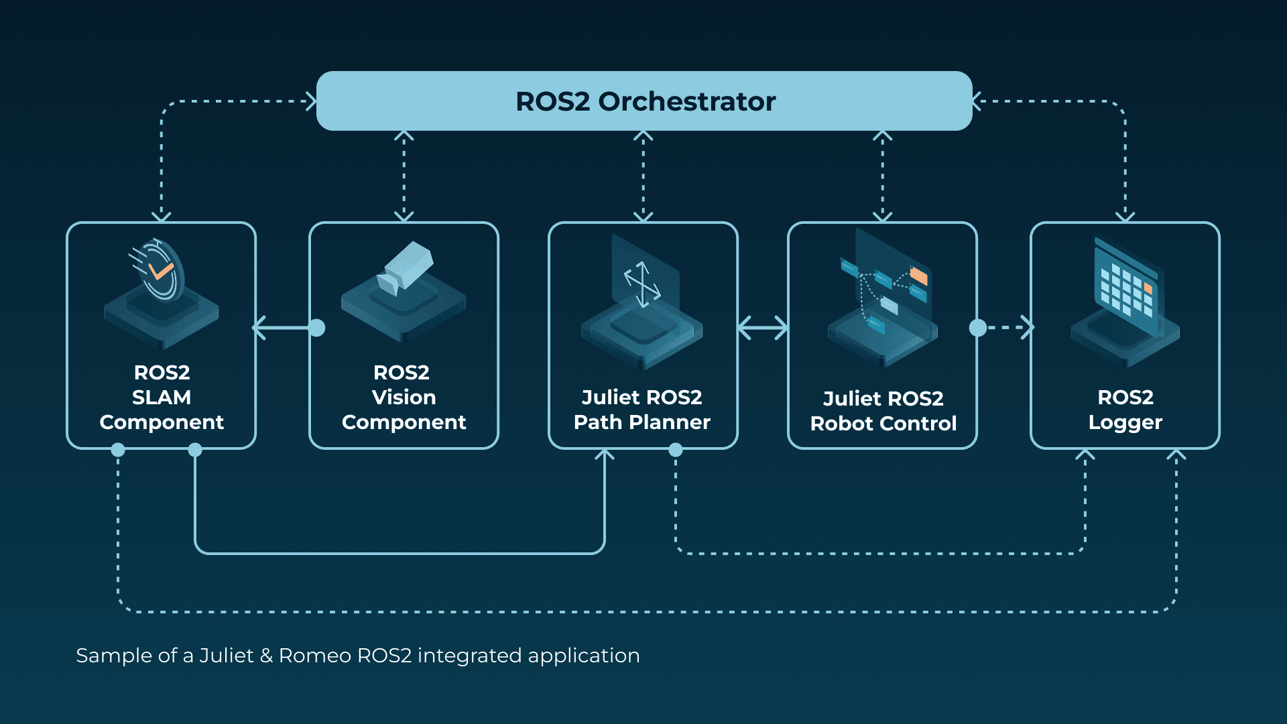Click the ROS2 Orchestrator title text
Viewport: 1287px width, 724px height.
pyautogui.click(x=645, y=101)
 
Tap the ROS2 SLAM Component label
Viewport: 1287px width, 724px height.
pyautogui.click(x=162, y=397)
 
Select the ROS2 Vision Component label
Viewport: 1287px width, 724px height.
pyautogui.click(x=404, y=397)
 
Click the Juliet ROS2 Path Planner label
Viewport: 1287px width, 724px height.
pyautogui.click(x=642, y=409)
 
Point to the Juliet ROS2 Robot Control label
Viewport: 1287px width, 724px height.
pyautogui.click(x=883, y=410)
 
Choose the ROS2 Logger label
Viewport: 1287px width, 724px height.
pyautogui.click(x=1125, y=409)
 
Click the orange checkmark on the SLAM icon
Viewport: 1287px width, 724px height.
pyautogui.click(x=161, y=271)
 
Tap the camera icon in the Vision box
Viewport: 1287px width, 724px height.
pyautogui.click(x=406, y=268)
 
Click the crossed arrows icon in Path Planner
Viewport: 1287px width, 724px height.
pyautogui.click(x=642, y=284)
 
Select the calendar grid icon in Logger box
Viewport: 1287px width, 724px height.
pyautogui.click(x=1126, y=288)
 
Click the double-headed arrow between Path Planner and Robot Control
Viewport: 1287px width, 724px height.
pyautogui.click(x=763, y=328)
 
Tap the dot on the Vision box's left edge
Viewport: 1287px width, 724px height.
pyautogui.click(x=317, y=328)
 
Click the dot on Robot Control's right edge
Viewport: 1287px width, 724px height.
pyautogui.click(x=978, y=328)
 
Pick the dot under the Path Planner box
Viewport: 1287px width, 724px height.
pyautogui.click(x=676, y=450)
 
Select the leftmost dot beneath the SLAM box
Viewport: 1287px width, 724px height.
pyautogui.click(x=118, y=450)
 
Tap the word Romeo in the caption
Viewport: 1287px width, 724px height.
pyautogui.click(x=315, y=655)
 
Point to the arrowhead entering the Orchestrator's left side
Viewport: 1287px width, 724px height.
pyautogui.click(x=311, y=101)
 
